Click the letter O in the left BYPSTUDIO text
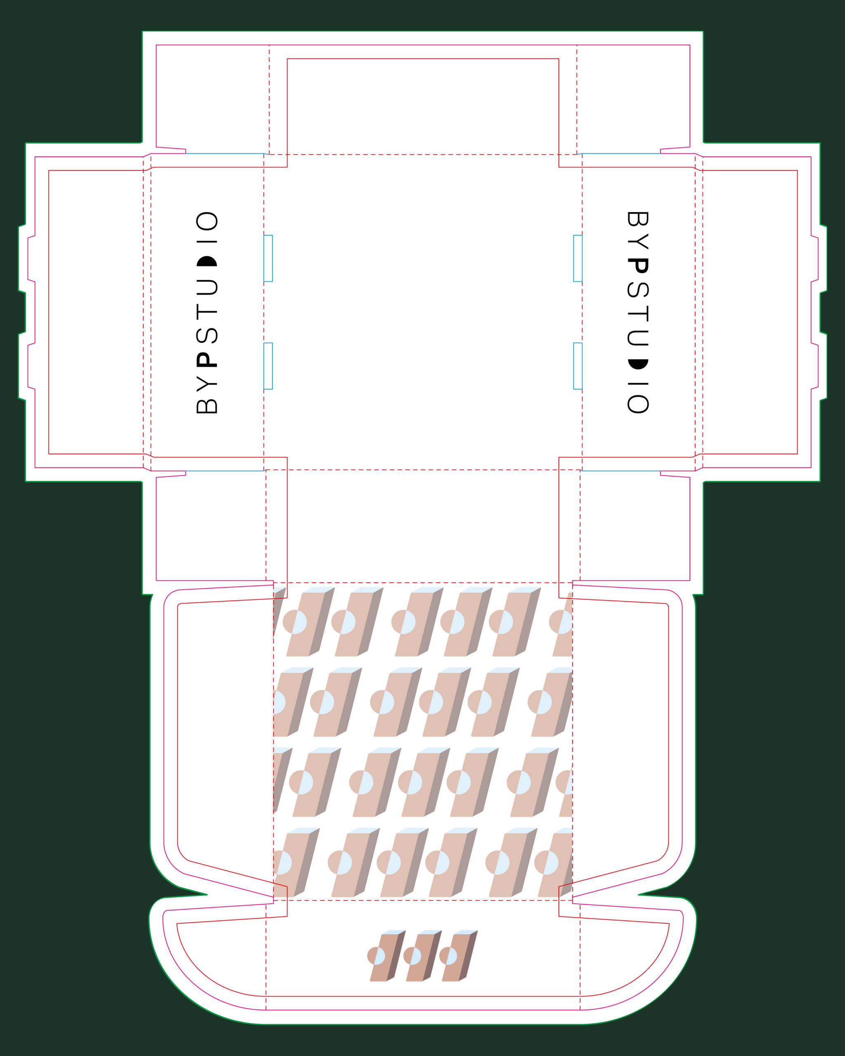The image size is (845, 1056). pos(207,221)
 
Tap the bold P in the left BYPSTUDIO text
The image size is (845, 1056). pos(207,360)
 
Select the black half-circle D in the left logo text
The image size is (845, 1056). pos(207,261)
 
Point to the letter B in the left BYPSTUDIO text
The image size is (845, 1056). pos(207,406)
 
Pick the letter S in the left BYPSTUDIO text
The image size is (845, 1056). pos(207,335)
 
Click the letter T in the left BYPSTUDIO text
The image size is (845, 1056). pos(207,311)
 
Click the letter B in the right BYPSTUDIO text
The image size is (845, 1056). pos(638,219)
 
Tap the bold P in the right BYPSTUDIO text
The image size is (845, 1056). pos(638,266)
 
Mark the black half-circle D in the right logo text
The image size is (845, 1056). pos(638,364)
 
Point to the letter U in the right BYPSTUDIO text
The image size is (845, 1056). pos(638,338)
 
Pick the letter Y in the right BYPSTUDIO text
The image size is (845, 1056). pos(638,241)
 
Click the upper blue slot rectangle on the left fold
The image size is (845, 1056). pos(268,258)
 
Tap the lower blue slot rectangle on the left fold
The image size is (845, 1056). pos(268,366)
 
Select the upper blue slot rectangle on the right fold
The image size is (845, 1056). pos(578,258)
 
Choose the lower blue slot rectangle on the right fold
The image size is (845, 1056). pos(578,366)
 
